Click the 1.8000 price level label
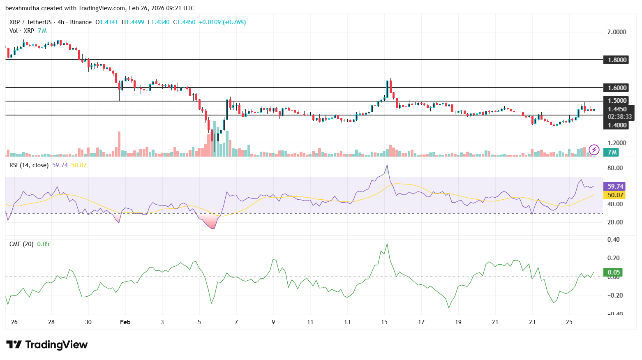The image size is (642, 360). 617,60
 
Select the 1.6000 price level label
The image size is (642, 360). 617,88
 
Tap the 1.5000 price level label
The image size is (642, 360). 617,101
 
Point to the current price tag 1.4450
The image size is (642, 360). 617,109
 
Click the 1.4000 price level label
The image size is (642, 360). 617,125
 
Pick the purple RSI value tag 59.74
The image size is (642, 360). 615,187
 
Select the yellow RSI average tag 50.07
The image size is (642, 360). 615,195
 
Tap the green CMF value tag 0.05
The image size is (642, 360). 614,272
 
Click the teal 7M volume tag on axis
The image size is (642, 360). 612,152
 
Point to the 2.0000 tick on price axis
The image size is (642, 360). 617,32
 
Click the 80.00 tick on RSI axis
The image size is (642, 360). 615,168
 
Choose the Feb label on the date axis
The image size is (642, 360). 125,322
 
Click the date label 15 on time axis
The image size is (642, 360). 384,322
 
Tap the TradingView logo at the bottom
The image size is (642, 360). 47,344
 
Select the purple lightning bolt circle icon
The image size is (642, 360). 594,150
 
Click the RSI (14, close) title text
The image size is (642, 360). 29,165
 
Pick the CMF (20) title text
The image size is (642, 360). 21,244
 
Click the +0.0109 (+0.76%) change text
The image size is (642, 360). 222,22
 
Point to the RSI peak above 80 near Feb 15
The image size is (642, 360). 386,166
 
